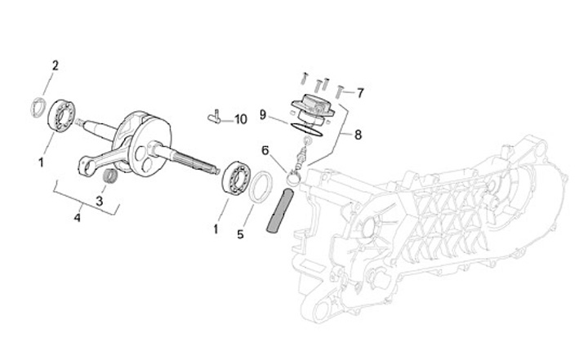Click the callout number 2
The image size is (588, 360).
point(56,64)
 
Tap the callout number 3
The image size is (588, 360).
point(100,200)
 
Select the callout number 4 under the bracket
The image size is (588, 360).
point(78,218)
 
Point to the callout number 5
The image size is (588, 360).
point(240,234)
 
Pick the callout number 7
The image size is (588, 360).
point(360,92)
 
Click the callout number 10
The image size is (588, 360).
point(240,119)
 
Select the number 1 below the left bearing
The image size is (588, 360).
point(41,162)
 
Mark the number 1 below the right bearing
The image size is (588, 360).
point(216,229)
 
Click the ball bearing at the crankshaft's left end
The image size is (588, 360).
point(60,113)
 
